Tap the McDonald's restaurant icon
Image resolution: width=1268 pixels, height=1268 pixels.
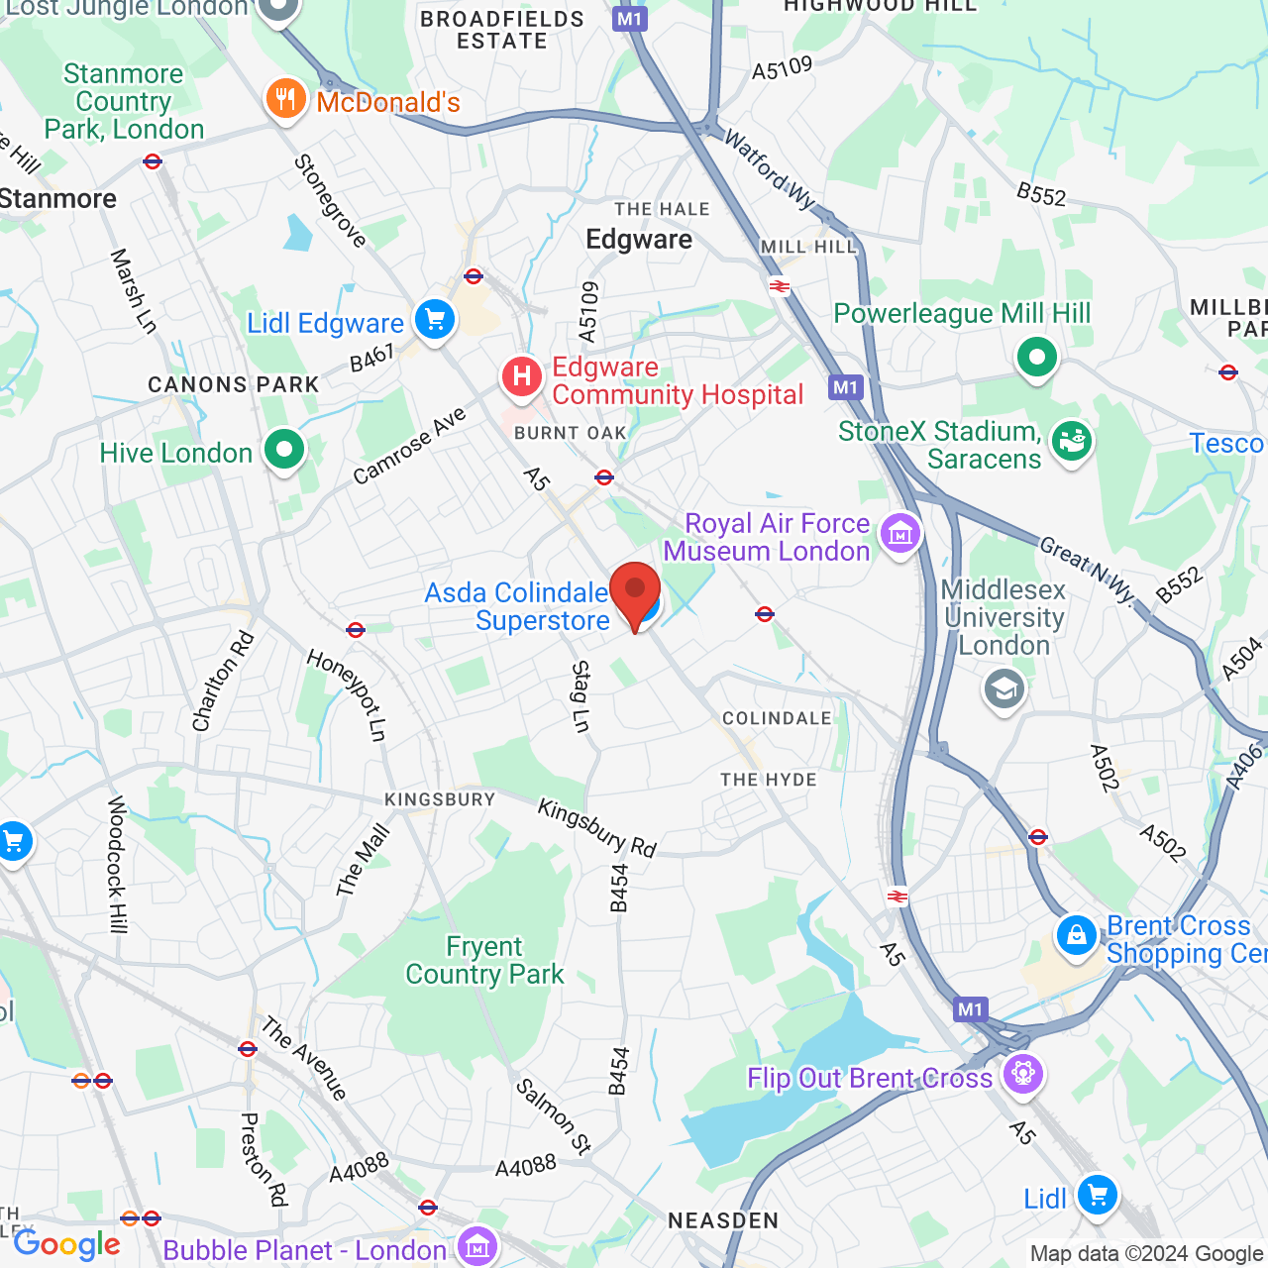285,99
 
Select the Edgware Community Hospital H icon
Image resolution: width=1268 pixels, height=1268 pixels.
521,377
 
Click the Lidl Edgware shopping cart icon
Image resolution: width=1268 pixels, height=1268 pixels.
434,320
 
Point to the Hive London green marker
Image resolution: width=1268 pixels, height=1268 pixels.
284,451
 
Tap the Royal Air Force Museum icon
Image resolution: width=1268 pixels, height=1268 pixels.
899,535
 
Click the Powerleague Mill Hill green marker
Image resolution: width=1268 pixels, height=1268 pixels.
1036,357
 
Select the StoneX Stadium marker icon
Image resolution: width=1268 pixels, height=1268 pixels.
1071,441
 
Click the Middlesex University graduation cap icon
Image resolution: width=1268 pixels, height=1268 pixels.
1004,689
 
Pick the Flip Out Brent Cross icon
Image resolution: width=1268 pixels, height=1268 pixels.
1022,1074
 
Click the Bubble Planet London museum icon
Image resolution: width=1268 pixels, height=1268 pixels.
477,1247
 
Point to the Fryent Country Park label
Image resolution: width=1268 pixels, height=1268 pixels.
484,961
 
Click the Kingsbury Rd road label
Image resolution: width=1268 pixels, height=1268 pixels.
597,828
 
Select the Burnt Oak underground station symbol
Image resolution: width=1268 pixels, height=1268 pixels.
604,477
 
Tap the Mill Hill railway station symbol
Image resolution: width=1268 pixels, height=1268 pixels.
780,287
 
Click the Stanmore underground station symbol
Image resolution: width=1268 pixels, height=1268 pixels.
153,161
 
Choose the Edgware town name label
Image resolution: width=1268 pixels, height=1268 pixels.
639,240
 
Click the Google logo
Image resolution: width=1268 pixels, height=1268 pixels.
66,1244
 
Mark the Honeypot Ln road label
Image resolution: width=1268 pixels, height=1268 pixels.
346,695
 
